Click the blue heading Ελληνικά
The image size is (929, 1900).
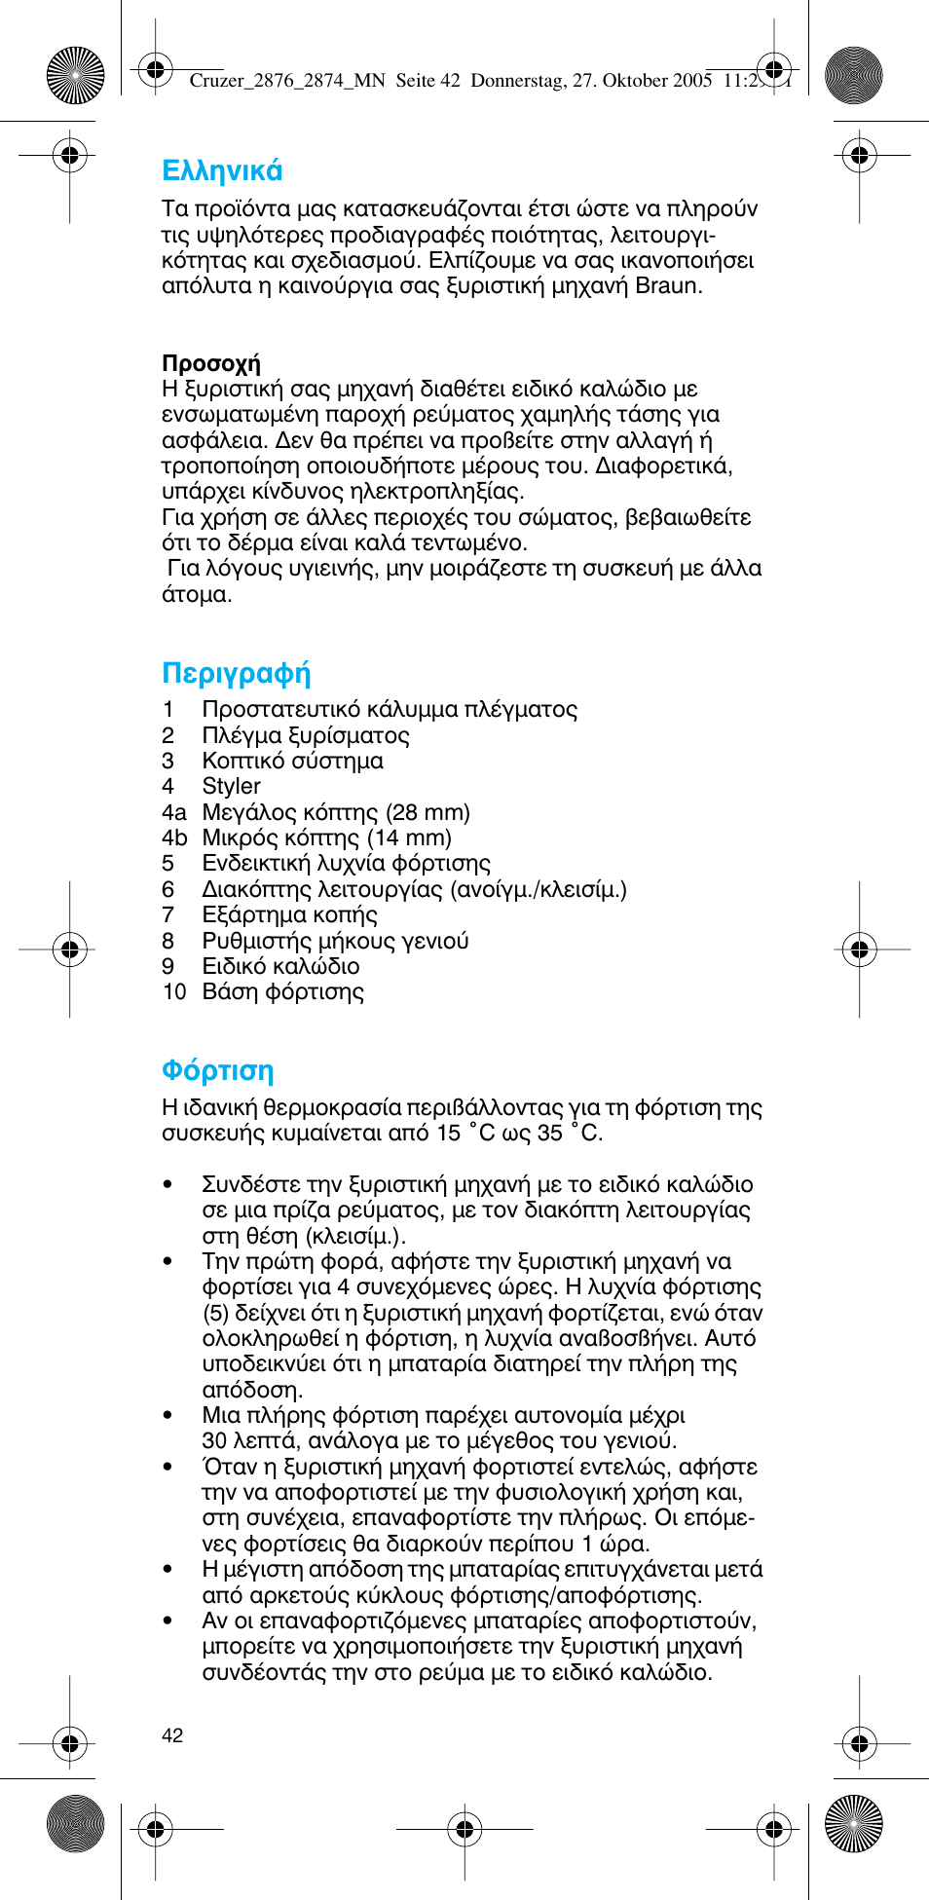tap(222, 171)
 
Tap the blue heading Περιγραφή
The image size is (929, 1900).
tap(236, 674)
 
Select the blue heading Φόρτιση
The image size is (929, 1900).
tap(217, 1071)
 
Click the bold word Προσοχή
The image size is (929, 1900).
tap(210, 364)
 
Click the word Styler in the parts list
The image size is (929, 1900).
tap(231, 787)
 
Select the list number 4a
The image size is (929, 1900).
tap(173, 812)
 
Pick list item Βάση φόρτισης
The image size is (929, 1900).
tap(282, 992)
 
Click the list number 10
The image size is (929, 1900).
tap(173, 992)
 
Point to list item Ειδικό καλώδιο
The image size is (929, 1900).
tap(280, 967)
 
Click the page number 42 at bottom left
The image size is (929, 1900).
tap(172, 1735)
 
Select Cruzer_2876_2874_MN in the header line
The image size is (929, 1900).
tap(287, 81)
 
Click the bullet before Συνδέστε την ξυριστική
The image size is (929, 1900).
tap(167, 1185)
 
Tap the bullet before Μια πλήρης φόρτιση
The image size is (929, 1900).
tap(167, 1416)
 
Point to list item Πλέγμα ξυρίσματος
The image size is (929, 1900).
tap(305, 736)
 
